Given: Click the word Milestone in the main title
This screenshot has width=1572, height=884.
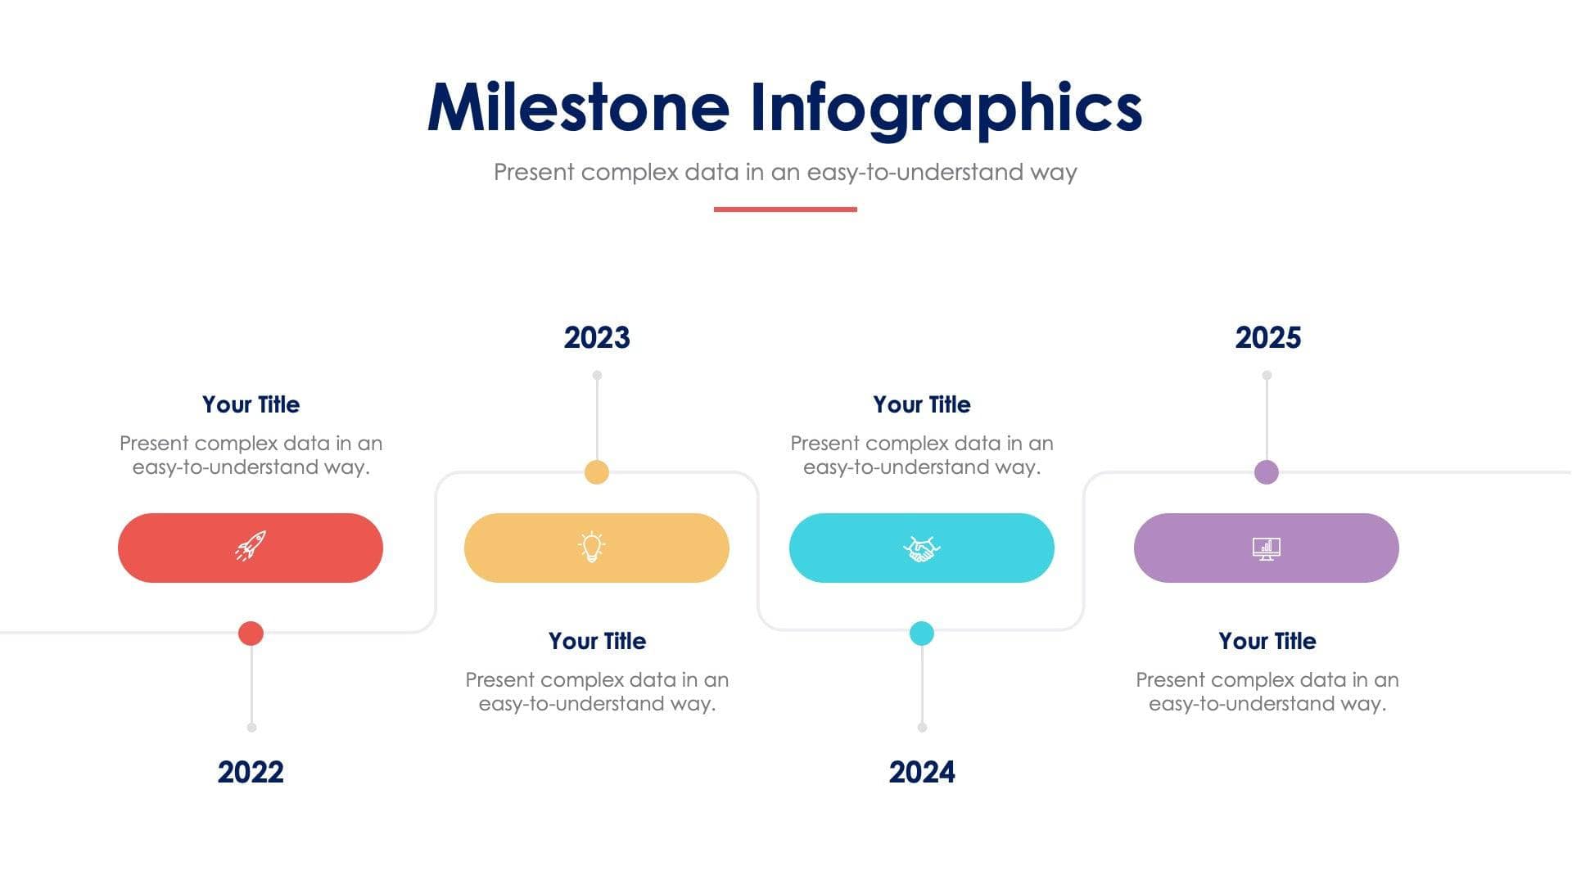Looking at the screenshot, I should click(x=578, y=107).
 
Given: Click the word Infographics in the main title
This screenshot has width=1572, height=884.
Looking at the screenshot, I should click(x=946, y=107).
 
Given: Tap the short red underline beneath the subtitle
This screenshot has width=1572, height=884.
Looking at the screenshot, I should click(x=785, y=210).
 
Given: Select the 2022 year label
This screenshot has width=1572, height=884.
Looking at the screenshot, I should click(x=251, y=772).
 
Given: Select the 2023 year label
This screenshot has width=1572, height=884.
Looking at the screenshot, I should click(x=597, y=337).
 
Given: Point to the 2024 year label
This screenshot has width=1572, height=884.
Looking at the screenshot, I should click(x=922, y=772).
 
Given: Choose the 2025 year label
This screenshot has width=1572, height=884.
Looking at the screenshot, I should click(x=1267, y=337).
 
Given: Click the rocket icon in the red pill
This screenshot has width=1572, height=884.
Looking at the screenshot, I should click(x=251, y=546).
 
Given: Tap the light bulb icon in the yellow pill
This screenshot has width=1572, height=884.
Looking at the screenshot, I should click(x=592, y=547).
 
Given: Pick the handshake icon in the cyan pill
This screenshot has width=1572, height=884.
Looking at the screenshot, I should click(x=922, y=548).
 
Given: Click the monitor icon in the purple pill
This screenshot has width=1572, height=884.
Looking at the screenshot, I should click(x=1267, y=548).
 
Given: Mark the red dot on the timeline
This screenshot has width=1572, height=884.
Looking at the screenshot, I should click(x=251, y=633).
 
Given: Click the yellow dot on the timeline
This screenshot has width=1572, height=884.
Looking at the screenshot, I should click(x=597, y=472).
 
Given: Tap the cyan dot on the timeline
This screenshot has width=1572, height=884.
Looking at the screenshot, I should click(x=922, y=633).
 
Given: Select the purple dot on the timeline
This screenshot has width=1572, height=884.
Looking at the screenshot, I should click(x=1267, y=472).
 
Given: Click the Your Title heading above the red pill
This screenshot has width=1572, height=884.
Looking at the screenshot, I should click(x=251, y=404).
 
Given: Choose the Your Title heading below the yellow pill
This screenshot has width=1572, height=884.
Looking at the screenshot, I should click(x=597, y=641).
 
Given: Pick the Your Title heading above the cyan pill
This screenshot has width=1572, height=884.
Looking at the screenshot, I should click(x=922, y=404).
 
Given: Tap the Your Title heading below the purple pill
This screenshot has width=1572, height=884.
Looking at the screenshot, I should click(x=1267, y=641).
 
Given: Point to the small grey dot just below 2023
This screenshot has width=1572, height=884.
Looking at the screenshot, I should click(x=597, y=375).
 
